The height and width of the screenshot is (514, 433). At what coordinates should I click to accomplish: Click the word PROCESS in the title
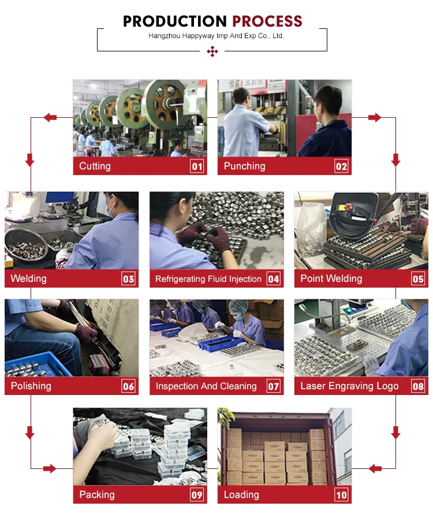click(x=267, y=22)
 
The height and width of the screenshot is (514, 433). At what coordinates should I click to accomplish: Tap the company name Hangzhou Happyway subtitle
click(x=216, y=36)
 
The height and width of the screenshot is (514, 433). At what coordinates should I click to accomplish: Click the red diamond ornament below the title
click(x=212, y=52)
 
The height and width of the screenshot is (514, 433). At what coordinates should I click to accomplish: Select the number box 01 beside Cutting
click(x=197, y=166)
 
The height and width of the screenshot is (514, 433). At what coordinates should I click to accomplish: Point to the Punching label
click(x=244, y=166)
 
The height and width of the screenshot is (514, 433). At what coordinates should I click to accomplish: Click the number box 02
click(x=341, y=166)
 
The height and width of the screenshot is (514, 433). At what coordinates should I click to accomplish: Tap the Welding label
click(x=28, y=278)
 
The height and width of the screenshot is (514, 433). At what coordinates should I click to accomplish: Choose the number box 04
click(x=273, y=279)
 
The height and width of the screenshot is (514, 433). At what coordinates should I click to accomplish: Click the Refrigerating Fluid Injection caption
click(x=208, y=279)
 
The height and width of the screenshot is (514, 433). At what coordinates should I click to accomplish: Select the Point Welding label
click(x=331, y=278)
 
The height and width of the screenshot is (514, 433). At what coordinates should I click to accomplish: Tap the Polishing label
click(x=31, y=386)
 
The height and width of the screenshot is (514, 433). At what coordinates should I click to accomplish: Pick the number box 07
click(x=273, y=386)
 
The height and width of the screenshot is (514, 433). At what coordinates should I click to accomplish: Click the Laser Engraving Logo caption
click(x=349, y=386)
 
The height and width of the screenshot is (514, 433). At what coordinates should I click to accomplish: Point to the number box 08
click(x=418, y=386)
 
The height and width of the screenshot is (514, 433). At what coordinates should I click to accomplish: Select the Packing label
click(x=96, y=494)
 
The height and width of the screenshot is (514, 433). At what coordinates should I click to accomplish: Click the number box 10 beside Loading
click(x=341, y=495)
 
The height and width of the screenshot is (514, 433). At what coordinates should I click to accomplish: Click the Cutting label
click(x=95, y=166)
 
